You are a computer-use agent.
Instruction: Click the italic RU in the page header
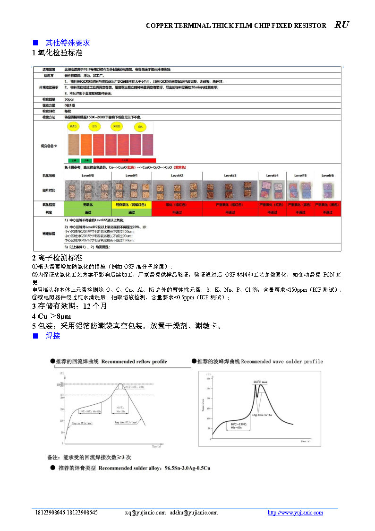pyautogui.click(x=342, y=25)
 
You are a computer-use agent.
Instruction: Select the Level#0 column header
pyautogui.click(x=88, y=175)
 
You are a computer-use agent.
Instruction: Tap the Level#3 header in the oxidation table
pyautogui.click(x=230, y=175)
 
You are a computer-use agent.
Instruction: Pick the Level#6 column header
pyautogui.click(x=327, y=175)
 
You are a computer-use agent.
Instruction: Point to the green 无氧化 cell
pyautogui.click(x=88, y=205)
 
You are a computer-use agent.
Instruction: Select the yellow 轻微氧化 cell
pyautogui.click(x=131, y=205)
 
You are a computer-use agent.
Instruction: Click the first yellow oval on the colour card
pyautogui.click(x=74, y=127)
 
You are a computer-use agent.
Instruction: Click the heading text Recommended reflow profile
pyautogui.click(x=134, y=362)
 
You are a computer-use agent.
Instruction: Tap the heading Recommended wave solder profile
pyautogui.click(x=282, y=362)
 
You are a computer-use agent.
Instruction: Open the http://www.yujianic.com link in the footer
pyautogui.click(x=295, y=513)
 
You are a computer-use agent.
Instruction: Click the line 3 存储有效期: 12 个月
pyautogui.click(x=69, y=306)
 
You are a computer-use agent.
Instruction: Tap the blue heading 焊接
pyautogui.click(x=52, y=336)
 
